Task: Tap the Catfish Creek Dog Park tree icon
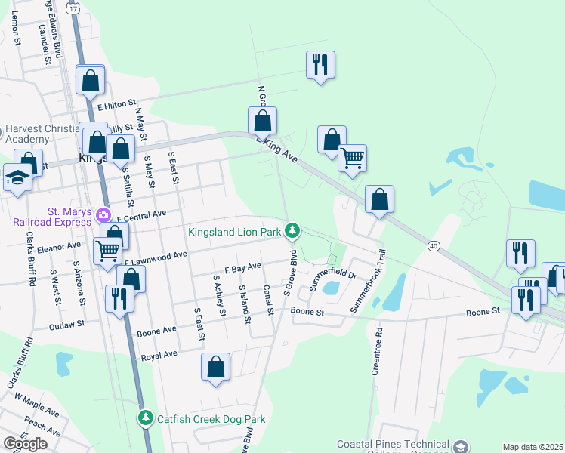pos(147,417)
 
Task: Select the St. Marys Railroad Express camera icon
pos(103,215)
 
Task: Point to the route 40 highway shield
pos(433,245)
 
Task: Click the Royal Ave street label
pos(159,354)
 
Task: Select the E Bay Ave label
pos(242,267)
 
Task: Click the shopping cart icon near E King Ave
pos(352,158)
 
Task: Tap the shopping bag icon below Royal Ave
pos(215,367)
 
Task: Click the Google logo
pos(26,444)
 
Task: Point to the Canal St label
pos(267,300)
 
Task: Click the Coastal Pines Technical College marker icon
pos(459,446)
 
